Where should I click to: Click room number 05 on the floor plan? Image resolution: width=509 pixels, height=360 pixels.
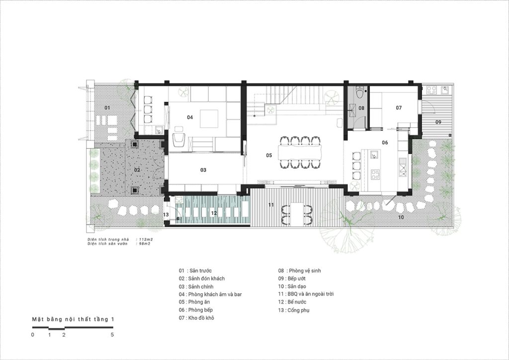pos(269,155)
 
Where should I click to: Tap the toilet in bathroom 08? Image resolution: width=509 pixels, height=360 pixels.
pos(360,92)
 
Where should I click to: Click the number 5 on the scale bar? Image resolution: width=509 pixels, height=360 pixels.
pos(112,335)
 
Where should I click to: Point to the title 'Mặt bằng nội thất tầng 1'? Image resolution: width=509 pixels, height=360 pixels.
pos(73,319)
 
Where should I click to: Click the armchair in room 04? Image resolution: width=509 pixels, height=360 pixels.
pos(179,140)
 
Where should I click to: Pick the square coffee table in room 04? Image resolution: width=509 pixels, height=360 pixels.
pos(209,119)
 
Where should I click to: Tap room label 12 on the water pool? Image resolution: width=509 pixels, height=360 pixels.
pos(214,213)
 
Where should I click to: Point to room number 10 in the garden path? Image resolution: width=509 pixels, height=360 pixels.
pos(401,217)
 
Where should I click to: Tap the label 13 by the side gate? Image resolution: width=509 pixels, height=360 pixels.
pos(166,215)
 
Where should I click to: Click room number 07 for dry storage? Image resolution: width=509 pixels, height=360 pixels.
pos(399,108)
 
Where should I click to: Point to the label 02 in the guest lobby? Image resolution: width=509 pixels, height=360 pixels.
pos(137,170)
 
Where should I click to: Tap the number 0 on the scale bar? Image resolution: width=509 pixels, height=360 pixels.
pos(32,335)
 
